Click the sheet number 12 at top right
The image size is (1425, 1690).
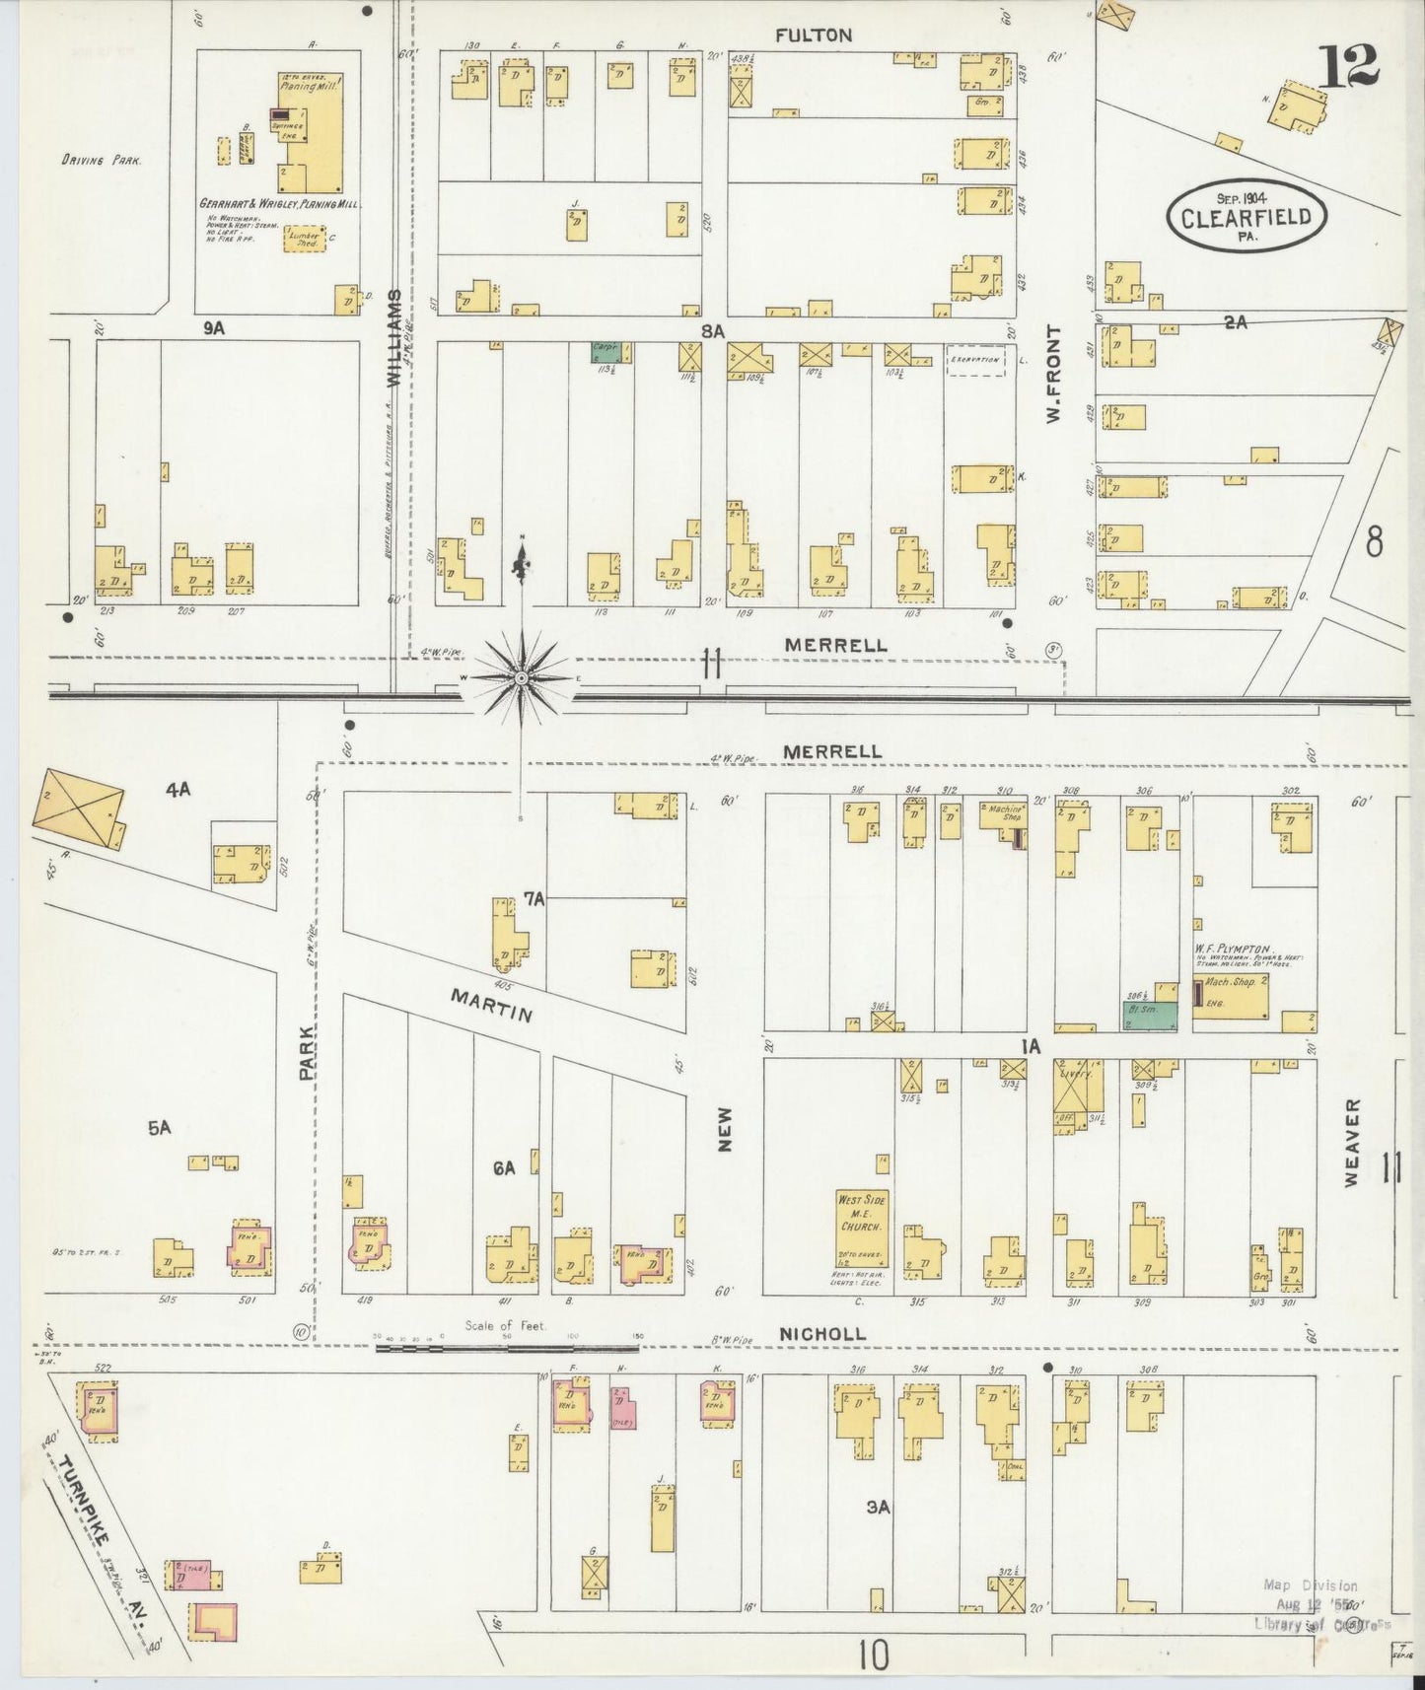click(1351, 68)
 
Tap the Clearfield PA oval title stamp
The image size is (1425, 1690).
click(1247, 216)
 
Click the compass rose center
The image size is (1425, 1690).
click(521, 678)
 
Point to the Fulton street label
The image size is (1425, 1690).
click(813, 35)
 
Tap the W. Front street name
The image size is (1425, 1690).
click(1054, 375)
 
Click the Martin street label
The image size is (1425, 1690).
click(492, 1006)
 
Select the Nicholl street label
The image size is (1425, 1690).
click(821, 1334)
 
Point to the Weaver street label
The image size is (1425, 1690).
click(1350, 1142)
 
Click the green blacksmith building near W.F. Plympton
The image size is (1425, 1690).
click(1152, 1017)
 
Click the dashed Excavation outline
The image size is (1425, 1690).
click(974, 360)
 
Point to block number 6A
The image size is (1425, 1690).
click(504, 1168)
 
